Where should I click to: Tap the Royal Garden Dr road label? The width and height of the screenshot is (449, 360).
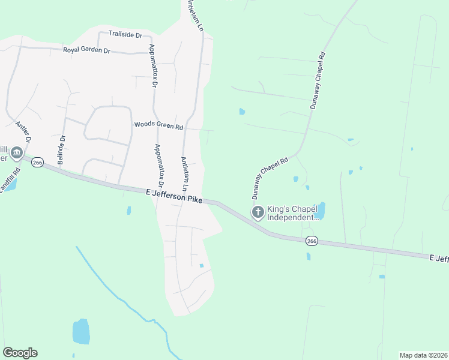coord(86,50)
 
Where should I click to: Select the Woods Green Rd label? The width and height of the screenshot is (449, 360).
coord(158,125)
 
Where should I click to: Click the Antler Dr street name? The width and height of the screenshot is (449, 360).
coord(22,133)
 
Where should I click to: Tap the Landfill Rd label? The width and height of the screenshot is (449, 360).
coord(10,179)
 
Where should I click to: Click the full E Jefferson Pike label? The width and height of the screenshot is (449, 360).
coord(174,196)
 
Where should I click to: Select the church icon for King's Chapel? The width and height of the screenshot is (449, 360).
coord(258,212)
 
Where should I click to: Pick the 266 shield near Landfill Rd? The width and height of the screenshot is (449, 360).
coord(38,163)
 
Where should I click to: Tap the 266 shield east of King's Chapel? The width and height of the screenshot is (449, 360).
coord(311,241)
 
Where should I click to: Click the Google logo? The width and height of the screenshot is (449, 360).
coord(20,353)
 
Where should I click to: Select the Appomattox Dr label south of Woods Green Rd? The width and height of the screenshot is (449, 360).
coord(159,167)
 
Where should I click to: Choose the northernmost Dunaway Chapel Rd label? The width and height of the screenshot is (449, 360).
coord(317,80)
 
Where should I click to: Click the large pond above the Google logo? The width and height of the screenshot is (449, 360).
coord(80,331)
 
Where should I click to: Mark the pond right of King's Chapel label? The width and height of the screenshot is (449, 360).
coord(320,211)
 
